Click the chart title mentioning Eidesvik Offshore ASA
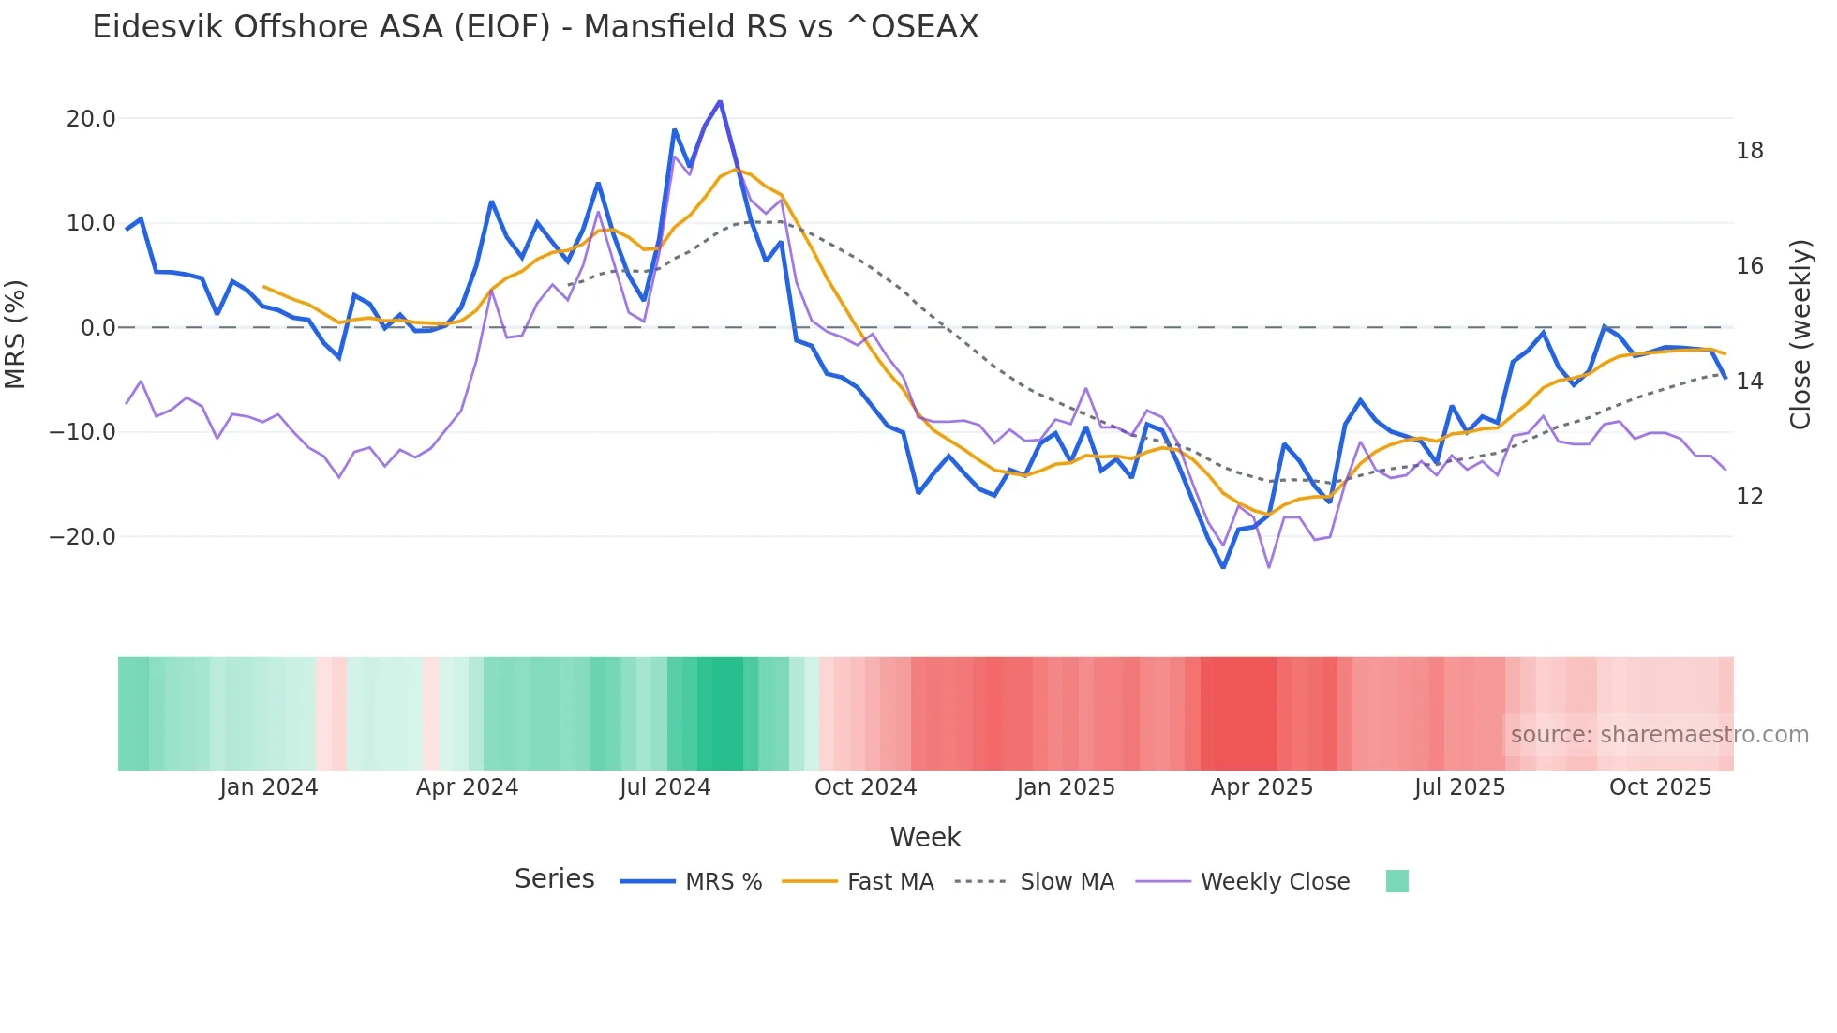point(535,27)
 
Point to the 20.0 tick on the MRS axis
point(91,119)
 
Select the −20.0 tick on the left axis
point(83,537)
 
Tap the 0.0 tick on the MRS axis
point(97,328)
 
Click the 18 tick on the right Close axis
point(1749,151)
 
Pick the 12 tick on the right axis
point(1749,497)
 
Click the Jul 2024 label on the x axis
point(665,787)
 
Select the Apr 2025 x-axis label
point(1262,787)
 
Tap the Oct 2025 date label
point(1660,787)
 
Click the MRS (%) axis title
point(16,334)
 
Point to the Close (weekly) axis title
point(1800,335)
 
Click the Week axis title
point(925,837)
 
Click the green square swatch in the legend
point(1396,881)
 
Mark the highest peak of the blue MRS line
point(720,101)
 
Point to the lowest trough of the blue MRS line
point(1223,567)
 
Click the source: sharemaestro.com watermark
point(1659,735)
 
